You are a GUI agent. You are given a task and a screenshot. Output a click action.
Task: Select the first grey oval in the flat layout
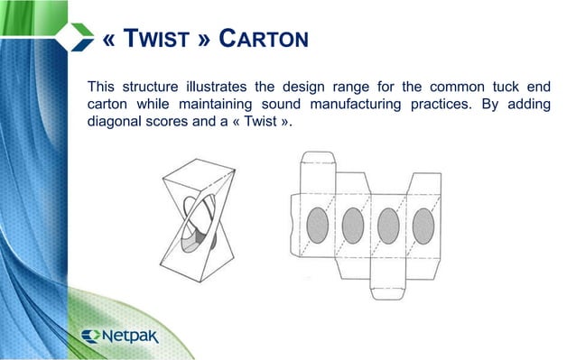[x=319, y=222]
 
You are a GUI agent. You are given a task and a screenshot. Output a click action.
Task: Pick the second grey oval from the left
[x=353, y=222]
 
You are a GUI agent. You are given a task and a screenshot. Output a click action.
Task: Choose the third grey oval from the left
[x=388, y=222]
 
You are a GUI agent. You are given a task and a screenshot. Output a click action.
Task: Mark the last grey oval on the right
[x=423, y=222]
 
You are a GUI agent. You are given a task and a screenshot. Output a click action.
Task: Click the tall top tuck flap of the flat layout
[x=318, y=167]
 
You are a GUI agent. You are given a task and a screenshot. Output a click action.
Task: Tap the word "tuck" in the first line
[x=500, y=88]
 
